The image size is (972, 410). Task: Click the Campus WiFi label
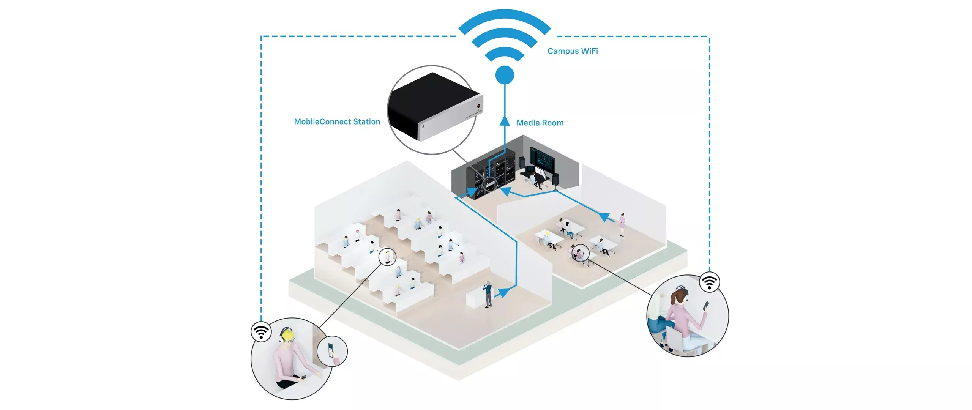(573, 51)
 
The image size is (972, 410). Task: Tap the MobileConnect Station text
(337, 121)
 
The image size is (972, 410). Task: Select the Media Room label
(540, 123)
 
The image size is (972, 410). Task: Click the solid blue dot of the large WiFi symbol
(505, 75)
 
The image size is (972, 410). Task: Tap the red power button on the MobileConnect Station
(479, 106)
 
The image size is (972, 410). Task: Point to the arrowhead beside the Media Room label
(505, 121)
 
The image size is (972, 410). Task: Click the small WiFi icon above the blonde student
(261, 331)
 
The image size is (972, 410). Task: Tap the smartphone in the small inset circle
(331, 350)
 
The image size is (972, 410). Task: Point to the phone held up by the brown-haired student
(706, 306)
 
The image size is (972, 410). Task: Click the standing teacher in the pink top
(622, 224)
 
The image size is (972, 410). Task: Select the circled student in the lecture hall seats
(387, 257)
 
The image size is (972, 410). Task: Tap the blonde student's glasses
(289, 341)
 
